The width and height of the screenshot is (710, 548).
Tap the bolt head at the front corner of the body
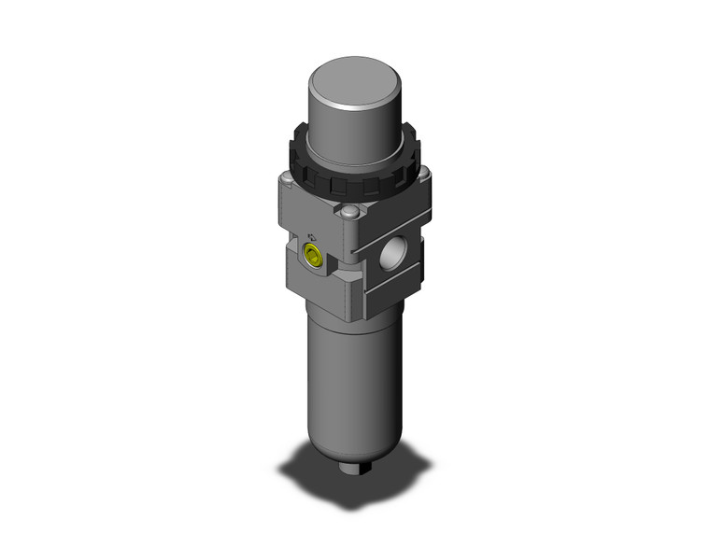[348, 217]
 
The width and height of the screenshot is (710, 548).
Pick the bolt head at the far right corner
[424, 175]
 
